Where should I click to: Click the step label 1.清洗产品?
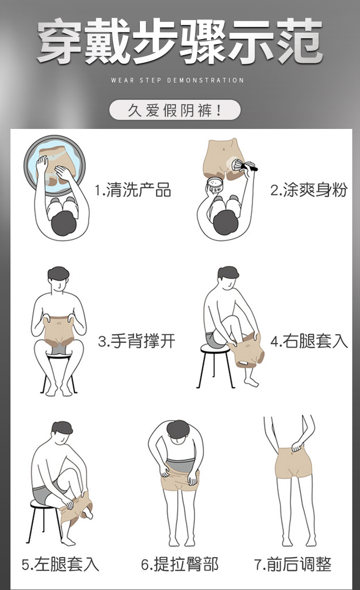(133, 190)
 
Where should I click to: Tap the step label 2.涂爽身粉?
(309, 190)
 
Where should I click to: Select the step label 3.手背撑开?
(137, 341)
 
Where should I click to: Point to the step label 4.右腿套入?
(309, 341)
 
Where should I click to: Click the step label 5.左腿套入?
(61, 564)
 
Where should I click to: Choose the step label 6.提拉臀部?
(180, 564)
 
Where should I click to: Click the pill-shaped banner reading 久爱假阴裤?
(175, 110)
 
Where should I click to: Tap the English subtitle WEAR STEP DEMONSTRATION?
(178, 80)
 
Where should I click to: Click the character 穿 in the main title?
(60, 42)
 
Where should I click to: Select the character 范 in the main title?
(299, 42)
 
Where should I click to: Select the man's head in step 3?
(58, 277)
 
